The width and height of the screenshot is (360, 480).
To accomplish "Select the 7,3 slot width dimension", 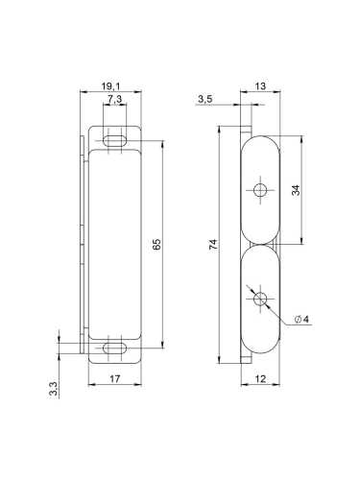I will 114,100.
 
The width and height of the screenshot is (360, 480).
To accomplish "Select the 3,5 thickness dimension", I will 204,99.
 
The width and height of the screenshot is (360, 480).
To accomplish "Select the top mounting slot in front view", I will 114,140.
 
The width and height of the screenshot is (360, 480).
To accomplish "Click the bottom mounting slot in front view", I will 114,348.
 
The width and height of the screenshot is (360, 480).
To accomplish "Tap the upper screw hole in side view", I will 258,189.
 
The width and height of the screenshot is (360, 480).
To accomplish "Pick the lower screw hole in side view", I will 258,300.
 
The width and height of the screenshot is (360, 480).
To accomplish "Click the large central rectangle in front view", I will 114,244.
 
